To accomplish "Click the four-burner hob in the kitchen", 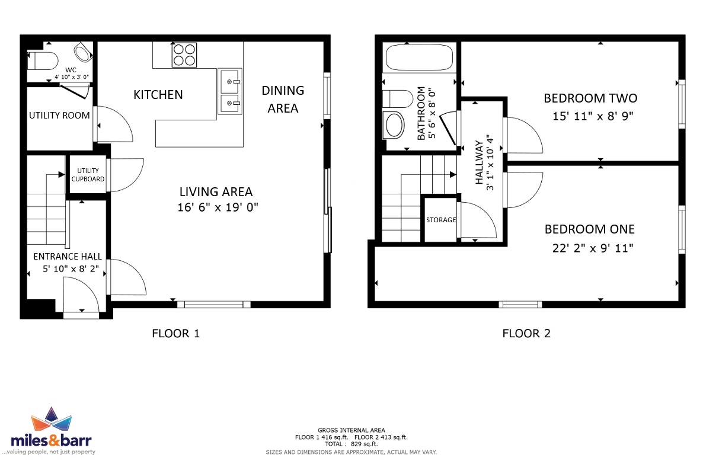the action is click(x=184, y=55).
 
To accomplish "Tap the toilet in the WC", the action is click(x=43, y=60).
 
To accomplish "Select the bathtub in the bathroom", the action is click(x=419, y=57).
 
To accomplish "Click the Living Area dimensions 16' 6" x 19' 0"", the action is click(x=218, y=207).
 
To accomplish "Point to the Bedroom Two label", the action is click(x=590, y=98).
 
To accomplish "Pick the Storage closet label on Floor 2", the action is click(x=441, y=220).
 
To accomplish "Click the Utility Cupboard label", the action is click(x=88, y=175).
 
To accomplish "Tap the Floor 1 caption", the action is click(x=176, y=334).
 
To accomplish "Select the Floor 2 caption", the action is click(x=526, y=334).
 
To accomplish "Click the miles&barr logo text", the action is click(x=52, y=440).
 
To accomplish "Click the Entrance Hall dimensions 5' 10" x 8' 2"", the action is click(x=71, y=268).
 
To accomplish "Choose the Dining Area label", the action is click(x=283, y=100).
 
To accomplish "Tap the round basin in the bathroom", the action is click(x=394, y=125).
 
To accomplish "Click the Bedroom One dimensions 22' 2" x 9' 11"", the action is click(x=593, y=248).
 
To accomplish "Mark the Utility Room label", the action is click(x=59, y=115).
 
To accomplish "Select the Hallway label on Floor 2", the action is click(x=479, y=162).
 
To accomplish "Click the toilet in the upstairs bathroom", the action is click(x=397, y=99).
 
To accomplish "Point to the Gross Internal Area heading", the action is click(x=351, y=430).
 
